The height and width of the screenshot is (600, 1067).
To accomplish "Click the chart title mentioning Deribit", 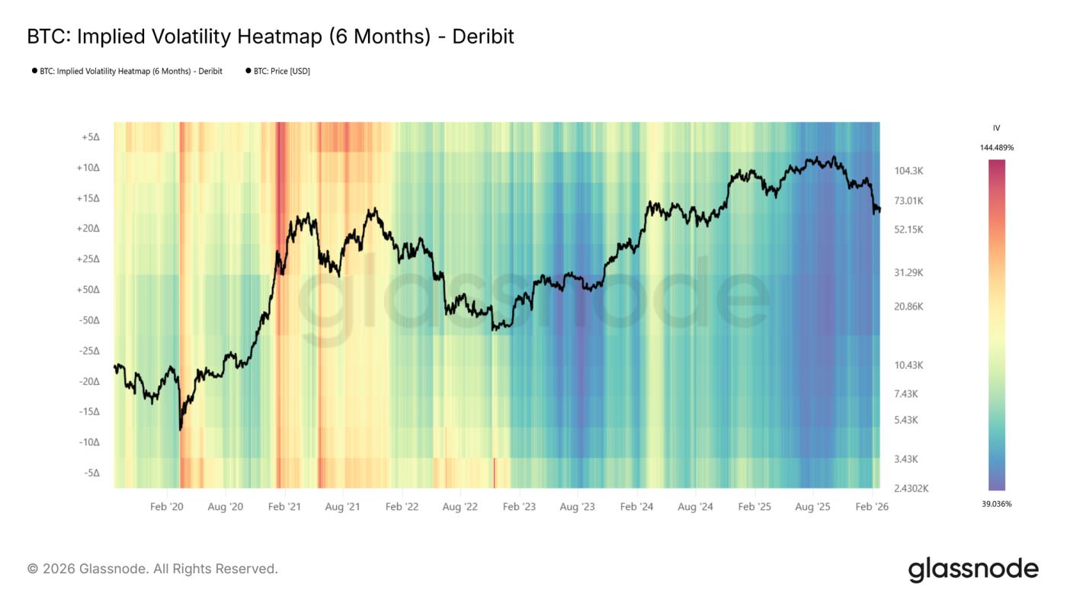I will tap(271, 37).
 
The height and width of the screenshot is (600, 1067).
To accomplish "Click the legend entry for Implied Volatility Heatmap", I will tap(130, 72).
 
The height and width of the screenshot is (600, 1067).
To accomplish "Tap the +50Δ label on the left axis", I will tap(88, 290).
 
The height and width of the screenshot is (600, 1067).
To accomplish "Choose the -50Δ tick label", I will tap(89, 320).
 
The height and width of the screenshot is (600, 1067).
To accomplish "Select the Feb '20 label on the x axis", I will tap(166, 507).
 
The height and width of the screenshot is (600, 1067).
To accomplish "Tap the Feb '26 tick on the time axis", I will tap(871, 507).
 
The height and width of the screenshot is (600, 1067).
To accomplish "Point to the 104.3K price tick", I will tap(908, 171).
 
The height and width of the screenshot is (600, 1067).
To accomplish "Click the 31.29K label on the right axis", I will tap(908, 272).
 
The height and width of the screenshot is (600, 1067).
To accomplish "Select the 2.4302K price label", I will tap(910, 489).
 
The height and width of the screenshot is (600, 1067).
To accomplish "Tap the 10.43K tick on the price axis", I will tap(908, 365).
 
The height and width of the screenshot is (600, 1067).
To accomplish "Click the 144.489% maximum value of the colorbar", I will tap(997, 148).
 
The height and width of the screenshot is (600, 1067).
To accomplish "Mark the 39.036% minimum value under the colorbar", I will tap(997, 504).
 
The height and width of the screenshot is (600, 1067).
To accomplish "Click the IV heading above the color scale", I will tap(996, 128).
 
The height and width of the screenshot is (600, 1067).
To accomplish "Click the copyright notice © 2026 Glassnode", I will tap(152, 569).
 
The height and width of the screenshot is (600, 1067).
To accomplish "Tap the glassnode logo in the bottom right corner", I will tap(972, 570).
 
